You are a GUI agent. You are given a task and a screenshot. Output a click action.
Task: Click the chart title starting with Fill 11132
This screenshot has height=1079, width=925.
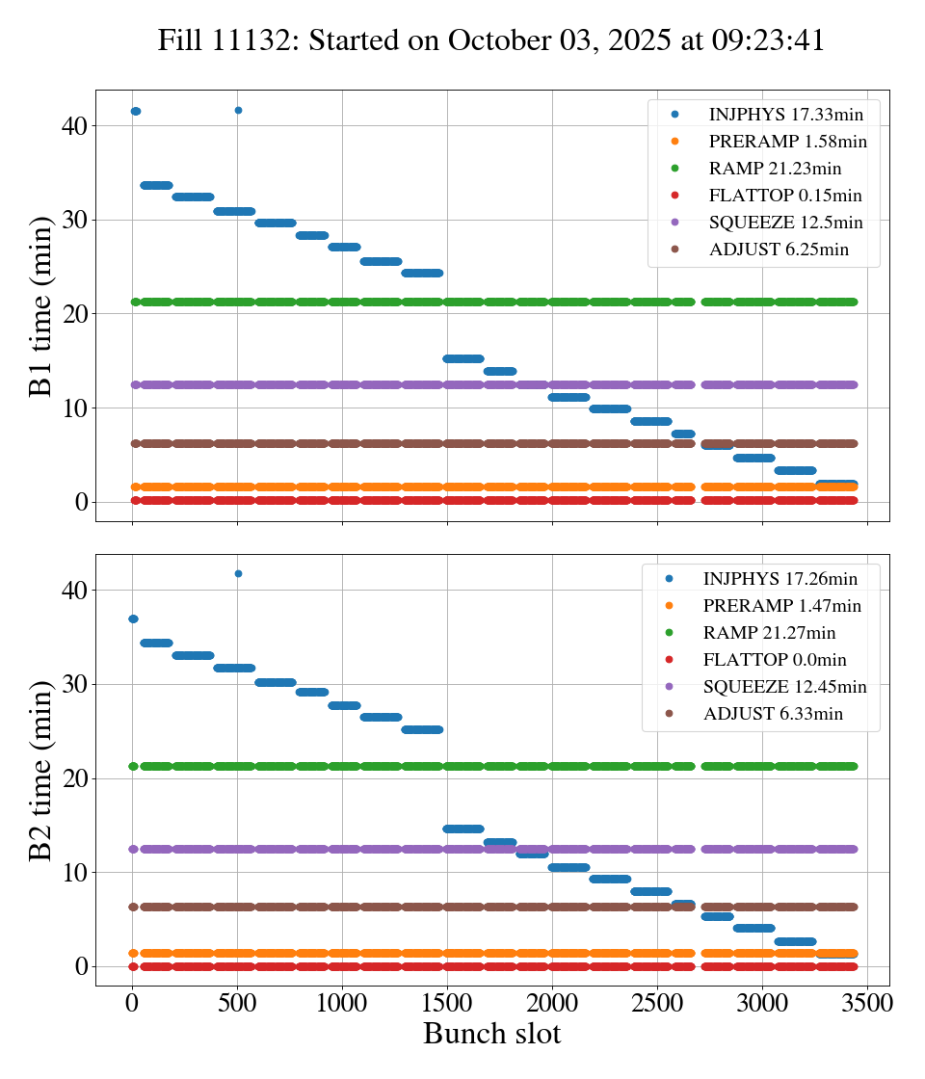pos(491,40)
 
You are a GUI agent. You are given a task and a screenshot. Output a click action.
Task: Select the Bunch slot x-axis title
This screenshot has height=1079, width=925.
pos(491,1034)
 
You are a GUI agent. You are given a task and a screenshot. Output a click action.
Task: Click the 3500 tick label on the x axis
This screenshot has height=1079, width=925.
pos(867,1002)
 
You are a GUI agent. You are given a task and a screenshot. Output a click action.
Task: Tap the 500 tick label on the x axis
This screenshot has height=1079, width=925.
pos(237,1002)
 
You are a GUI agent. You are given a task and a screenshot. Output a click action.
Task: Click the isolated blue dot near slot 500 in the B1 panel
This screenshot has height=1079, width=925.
pos(238,110)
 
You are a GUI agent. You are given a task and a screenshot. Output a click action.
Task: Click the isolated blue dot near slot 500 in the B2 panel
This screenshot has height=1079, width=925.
pos(238,573)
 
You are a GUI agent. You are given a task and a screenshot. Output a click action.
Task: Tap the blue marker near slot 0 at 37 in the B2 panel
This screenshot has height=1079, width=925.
pos(133,618)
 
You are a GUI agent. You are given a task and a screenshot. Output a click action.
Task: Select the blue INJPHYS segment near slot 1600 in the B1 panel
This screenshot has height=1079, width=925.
pos(462,358)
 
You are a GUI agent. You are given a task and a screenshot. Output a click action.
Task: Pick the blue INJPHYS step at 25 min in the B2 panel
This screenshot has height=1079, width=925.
pos(422,729)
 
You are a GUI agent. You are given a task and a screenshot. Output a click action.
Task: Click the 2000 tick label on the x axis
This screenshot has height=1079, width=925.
pos(552,1002)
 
